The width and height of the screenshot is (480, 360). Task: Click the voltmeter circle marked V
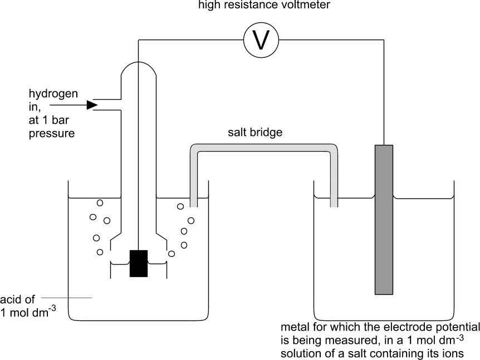tap(261, 40)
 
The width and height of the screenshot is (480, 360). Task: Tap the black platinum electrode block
tap(139, 264)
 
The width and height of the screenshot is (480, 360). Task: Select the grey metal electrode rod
tap(384, 220)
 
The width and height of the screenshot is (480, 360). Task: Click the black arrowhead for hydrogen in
tap(92, 105)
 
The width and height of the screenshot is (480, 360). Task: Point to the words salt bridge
tap(255, 133)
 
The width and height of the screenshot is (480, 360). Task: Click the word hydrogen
tap(53, 94)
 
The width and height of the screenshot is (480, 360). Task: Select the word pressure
tap(52, 134)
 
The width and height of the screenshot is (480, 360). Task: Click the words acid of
tap(17, 299)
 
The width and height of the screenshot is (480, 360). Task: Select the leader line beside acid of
tap(66, 298)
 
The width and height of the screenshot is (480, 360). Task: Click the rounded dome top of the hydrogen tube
tap(139, 65)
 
